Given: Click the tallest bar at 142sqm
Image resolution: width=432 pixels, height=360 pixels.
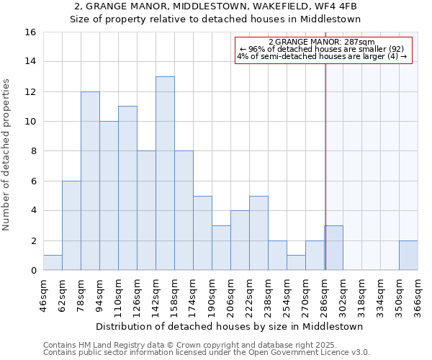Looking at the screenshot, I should pos(165,174).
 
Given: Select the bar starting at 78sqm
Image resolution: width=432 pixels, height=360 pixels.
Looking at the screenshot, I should pos(90,181).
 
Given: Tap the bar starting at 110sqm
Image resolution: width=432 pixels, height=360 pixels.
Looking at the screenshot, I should pos(127,188).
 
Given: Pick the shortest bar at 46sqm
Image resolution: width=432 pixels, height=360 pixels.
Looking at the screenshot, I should pos(53,263).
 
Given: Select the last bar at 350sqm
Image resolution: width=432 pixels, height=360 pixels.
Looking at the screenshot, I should pos(408,256).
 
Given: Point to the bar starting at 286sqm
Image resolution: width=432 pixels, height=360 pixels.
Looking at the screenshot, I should pos(333,248).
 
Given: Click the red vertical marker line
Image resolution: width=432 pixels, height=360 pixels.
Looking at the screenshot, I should pos(325,158).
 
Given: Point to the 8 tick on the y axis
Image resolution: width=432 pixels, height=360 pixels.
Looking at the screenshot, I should pos(33,151).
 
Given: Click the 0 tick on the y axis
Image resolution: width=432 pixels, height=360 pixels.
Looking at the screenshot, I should pos(33,271).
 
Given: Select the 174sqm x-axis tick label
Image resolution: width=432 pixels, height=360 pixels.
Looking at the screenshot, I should pos(193,295).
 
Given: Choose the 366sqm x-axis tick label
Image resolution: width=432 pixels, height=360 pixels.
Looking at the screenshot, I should pos(418,295).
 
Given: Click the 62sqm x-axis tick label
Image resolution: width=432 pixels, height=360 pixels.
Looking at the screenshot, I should pos(62,295).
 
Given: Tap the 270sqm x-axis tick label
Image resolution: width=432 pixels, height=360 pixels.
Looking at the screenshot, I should pos(305,295).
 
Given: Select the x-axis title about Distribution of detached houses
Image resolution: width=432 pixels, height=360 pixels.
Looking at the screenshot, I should pos(230,326).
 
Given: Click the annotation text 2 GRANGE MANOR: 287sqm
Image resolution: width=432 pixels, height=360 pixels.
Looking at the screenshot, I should pos(324,42).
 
